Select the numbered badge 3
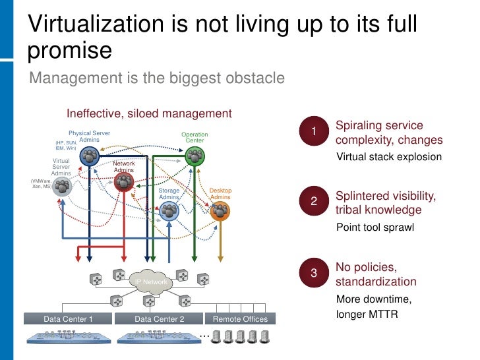pyautogui.click(x=314, y=273)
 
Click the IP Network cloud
pyautogui.click(x=152, y=282)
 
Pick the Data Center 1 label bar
pyautogui.click(x=68, y=319)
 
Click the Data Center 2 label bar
pyautogui.click(x=159, y=319)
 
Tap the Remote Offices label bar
pyautogui.click(x=240, y=319)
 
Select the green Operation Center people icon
pyautogui.click(x=195, y=156)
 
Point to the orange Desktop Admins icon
pyautogui.click(x=220, y=211)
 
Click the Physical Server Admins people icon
pyautogui.click(x=90, y=156)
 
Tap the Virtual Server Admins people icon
pyautogui.click(x=62, y=187)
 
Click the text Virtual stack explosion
pyautogui.click(x=389, y=158)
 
